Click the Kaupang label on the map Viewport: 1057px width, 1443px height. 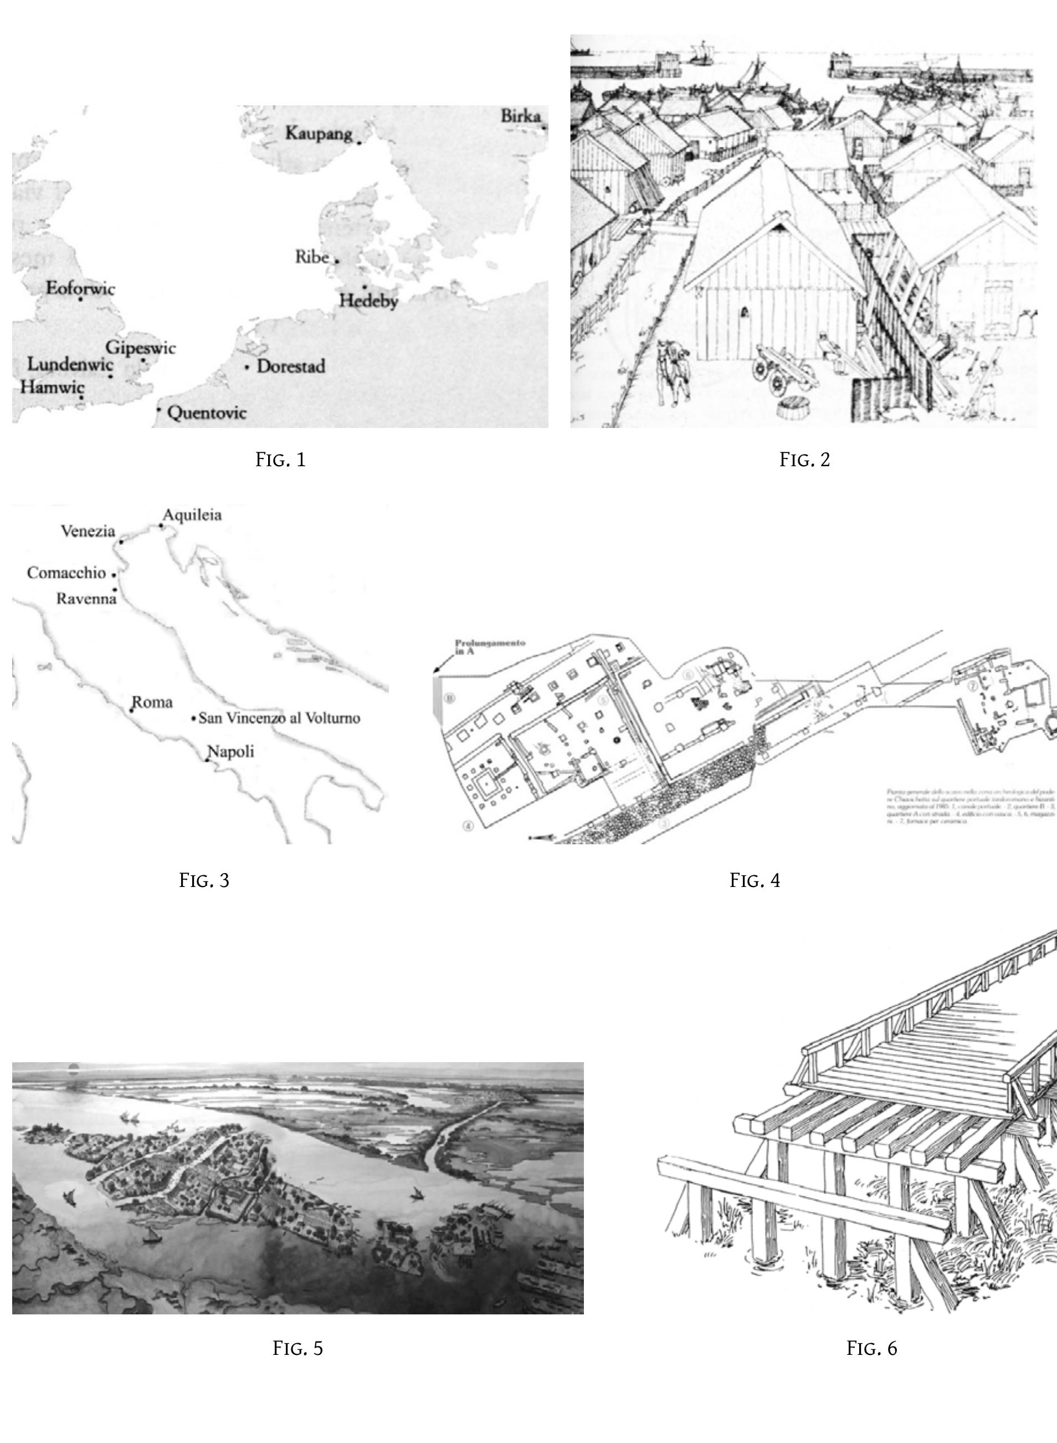tap(318, 133)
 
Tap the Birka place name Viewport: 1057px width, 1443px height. tap(520, 116)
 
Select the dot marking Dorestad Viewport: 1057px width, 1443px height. tap(247, 368)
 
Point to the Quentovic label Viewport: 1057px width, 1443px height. tap(207, 413)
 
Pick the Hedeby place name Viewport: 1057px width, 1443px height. tap(368, 300)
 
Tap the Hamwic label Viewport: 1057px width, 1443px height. tap(52, 387)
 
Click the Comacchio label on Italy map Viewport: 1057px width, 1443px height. tap(66, 573)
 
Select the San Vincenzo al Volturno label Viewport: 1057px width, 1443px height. tap(279, 718)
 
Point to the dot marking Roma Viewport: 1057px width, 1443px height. tap(132, 711)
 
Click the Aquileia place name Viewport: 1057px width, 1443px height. tap(192, 514)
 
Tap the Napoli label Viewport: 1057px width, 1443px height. tap(230, 752)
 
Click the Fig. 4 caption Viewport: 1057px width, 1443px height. tap(755, 880)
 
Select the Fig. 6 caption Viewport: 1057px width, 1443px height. tap(871, 1348)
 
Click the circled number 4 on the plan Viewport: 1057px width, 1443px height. tap(468, 826)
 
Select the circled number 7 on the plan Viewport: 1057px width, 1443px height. tap(972, 686)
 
